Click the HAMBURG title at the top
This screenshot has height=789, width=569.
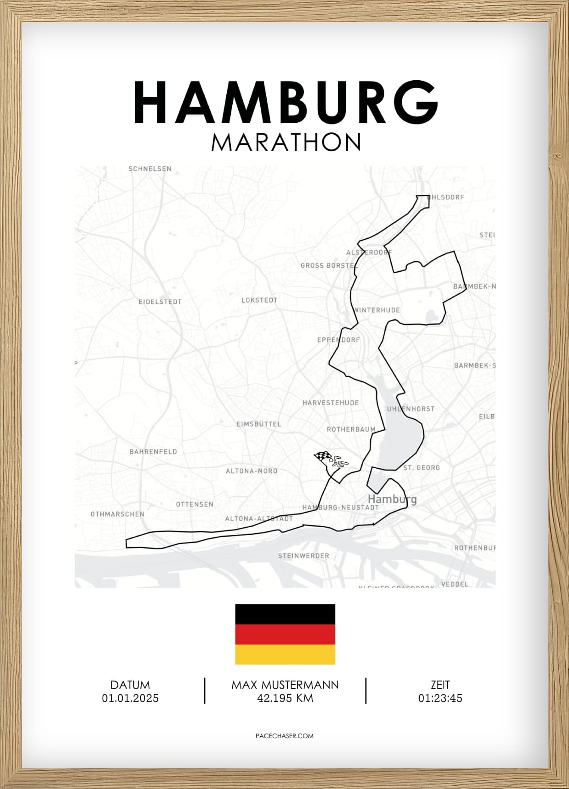(285, 103)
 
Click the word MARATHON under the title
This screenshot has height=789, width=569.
(286, 142)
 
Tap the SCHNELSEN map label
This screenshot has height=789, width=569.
(150, 169)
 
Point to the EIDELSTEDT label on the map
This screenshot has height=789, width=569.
(160, 302)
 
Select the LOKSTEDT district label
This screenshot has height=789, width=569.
(259, 300)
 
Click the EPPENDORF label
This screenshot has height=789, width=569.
(338, 340)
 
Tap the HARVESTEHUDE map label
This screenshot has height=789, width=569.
(330, 403)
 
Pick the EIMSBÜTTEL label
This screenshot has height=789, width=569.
(259, 424)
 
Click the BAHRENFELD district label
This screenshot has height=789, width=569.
(153, 452)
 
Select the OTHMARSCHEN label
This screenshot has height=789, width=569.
(117, 514)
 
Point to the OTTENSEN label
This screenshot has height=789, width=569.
(195, 504)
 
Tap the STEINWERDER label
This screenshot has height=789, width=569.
(303, 556)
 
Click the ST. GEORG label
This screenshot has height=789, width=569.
(421, 468)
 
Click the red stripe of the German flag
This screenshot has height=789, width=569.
(285, 635)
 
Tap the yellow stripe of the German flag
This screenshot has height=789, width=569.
(285, 654)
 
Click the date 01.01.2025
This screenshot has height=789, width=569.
(130, 698)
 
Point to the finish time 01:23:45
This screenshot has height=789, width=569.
(440, 698)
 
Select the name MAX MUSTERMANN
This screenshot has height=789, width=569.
(285, 685)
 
